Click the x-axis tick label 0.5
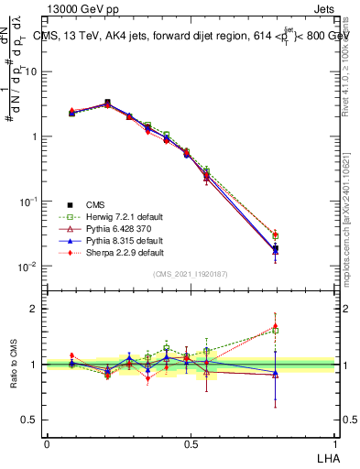pos(191,443)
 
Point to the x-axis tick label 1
pos(335,443)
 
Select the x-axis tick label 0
pos(47,443)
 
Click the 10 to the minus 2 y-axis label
pos(28,267)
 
